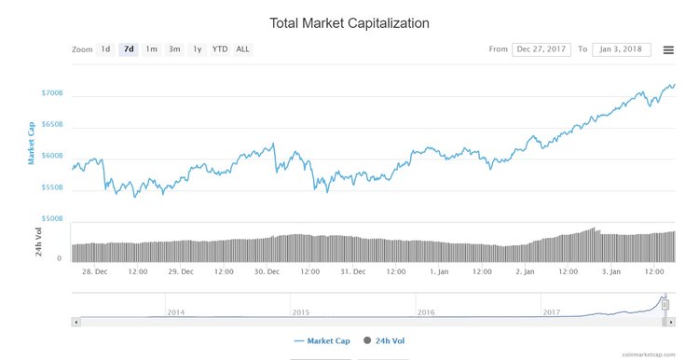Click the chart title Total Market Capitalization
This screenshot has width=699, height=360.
tap(349, 21)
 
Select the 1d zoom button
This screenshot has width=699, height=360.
tap(106, 49)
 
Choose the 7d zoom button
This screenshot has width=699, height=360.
tap(129, 49)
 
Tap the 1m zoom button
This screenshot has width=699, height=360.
tap(151, 49)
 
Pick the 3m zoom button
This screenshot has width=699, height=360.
tap(174, 49)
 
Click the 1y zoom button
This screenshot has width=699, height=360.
tap(197, 49)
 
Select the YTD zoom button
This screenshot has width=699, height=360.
tap(219, 49)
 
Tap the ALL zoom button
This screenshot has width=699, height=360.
tap(242, 49)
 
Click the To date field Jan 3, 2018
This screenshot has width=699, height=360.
tap(620, 49)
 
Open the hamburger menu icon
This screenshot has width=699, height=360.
tap(668, 49)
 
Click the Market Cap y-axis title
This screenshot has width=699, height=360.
tap(32, 142)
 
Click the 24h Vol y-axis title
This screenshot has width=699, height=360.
tap(39, 241)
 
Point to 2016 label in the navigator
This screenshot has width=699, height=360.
tap(425, 312)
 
